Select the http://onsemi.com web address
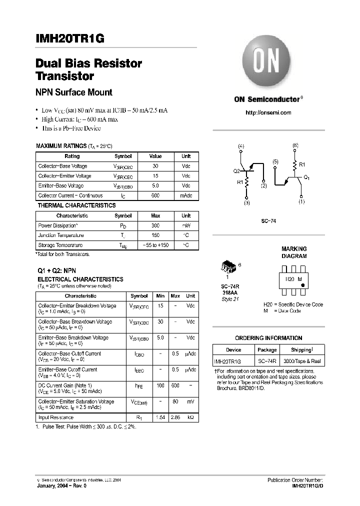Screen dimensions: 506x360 (268, 112)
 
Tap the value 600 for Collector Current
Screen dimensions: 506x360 (155, 195)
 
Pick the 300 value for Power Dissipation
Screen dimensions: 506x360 (155, 225)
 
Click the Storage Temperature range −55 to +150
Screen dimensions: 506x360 (155, 245)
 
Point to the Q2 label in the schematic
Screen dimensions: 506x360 (236, 170)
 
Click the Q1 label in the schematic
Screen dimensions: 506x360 (307, 177)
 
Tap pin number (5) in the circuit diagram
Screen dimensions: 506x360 (275, 162)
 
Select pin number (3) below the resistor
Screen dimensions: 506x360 (246, 203)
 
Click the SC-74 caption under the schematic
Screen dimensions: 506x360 (268, 221)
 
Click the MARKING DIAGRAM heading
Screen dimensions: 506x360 (294, 252)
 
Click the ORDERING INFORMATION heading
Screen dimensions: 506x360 (268, 338)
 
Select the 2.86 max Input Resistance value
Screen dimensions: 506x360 (175, 416)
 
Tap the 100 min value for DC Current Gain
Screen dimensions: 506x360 (160, 385)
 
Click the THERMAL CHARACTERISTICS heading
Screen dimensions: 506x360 (76, 205)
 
